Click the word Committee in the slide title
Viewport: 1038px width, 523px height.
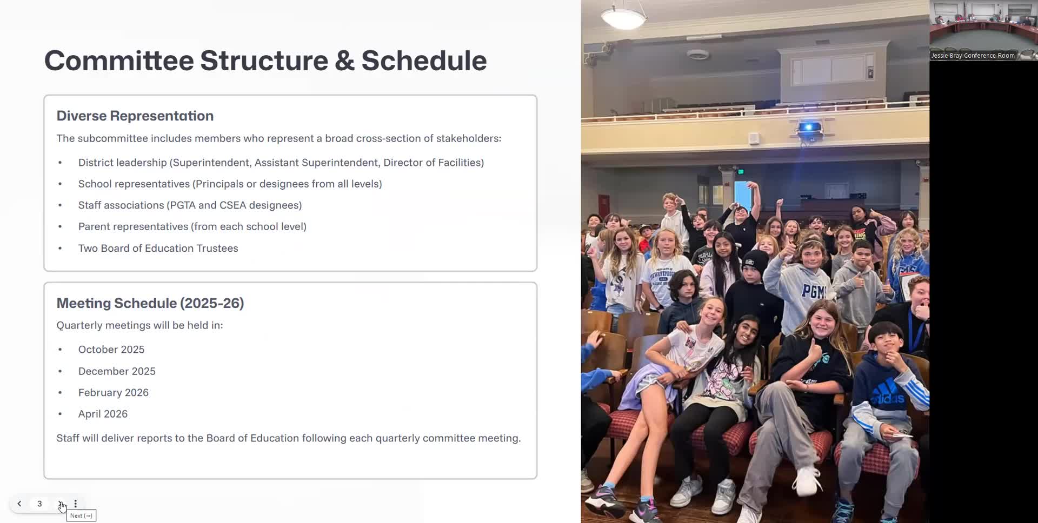coord(119,61)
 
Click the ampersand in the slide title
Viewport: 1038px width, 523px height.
coord(344,61)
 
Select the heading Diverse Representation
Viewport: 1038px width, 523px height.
coord(135,116)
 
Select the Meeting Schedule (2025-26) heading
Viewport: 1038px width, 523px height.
coord(150,303)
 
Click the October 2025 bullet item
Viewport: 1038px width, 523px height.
coord(111,350)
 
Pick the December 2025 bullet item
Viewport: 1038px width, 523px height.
coord(117,371)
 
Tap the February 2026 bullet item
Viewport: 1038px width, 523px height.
coord(114,393)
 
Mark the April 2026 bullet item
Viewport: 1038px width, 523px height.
coord(103,414)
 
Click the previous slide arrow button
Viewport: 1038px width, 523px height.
coord(19,504)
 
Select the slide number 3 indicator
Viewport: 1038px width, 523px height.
coord(39,504)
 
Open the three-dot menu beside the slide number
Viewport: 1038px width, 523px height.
coord(76,504)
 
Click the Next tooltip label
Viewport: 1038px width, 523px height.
coord(81,516)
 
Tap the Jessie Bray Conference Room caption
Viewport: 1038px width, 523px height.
coord(973,56)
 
